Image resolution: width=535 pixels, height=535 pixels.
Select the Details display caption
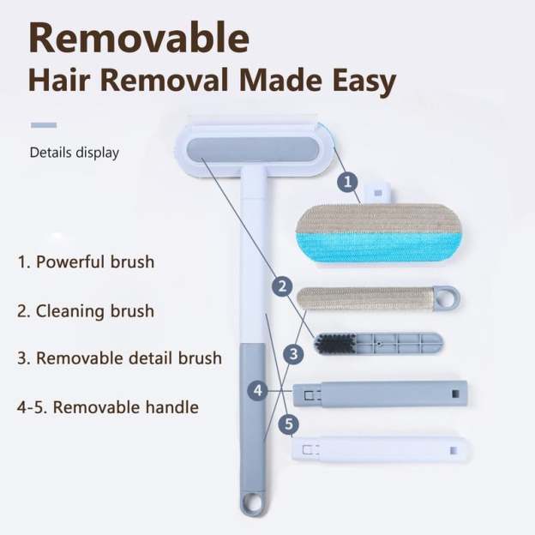[x=75, y=153]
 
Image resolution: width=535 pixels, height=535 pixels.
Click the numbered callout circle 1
[x=347, y=181]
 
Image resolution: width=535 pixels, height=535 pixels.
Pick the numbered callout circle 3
[x=294, y=352]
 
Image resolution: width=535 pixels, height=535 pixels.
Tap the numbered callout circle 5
[x=289, y=423]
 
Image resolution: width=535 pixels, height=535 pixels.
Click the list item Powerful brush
[x=87, y=261]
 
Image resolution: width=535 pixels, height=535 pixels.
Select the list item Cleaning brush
[x=87, y=310]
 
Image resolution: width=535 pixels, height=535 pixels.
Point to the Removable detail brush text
[x=119, y=358]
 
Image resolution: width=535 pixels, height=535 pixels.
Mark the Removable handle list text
[x=107, y=406]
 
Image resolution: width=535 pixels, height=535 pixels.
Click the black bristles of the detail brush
[x=332, y=344]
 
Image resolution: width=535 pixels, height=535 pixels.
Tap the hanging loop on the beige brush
[x=447, y=298]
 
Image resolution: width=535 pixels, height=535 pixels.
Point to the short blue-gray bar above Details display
[x=44, y=125]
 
